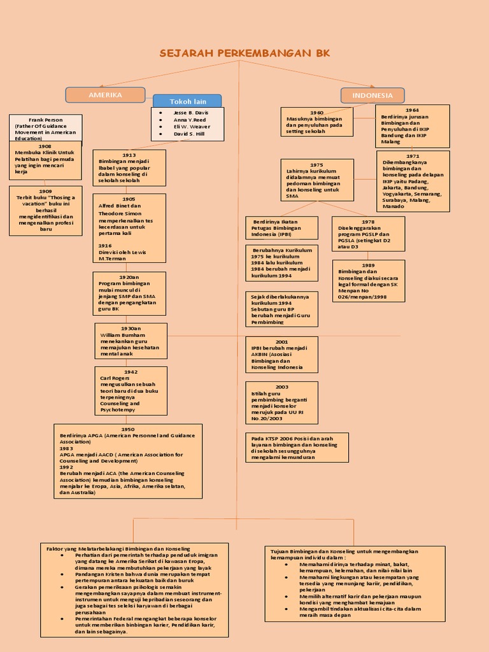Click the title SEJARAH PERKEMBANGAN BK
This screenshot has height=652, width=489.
tap(244, 53)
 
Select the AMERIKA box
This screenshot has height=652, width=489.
tap(106, 95)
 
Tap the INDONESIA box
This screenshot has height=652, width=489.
tap(372, 96)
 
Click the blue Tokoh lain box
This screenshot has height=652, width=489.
tap(188, 101)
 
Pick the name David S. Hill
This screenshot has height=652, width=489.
tap(188, 134)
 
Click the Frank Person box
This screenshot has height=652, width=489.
tap(46, 129)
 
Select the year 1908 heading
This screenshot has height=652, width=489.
tap(45, 146)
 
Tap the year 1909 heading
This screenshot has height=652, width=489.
tap(46, 191)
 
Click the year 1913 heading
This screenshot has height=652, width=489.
tap(129, 155)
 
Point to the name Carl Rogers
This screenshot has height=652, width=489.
tap(115, 378)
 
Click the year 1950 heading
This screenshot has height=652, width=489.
tap(128, 429)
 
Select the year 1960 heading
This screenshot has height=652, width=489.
tap(317, 113)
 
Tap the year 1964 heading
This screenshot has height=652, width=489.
tap(413, 110)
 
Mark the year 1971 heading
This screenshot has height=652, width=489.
tap(413, 156)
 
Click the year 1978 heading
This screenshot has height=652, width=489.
tap(368, 222)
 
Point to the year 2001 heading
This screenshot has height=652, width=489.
tap(282, 342)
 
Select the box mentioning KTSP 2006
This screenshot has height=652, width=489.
tap(297, 448)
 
